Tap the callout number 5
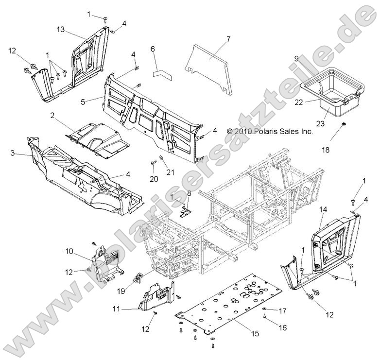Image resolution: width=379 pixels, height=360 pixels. coord(83,102)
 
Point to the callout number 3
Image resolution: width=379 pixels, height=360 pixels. coord(13,153)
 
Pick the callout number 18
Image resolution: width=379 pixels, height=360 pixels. coord(325,150)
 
